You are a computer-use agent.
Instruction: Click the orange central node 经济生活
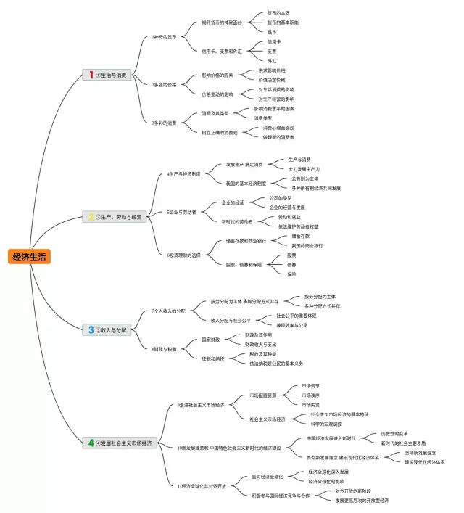pyautogui.click(x=30, y=256)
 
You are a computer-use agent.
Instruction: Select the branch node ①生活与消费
pyautogui.click(x=112, y=75)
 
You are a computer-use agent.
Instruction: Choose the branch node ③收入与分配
pyautogui.click(x=112, y=329)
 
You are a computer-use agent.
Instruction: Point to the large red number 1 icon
pyautogui.click(x=91, y=75)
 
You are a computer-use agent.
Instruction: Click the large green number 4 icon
pyautogui.click(x=91, y=443)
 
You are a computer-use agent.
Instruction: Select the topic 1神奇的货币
pyautogui.click(x=164, y=36)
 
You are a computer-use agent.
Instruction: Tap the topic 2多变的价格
pyautogui.click(x=164, y=85)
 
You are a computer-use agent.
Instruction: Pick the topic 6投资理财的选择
pyautogui.click(x=184, y=255)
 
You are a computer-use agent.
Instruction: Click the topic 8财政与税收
pyautogui.click(x=164, y=349)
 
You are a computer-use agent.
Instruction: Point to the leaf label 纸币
pyautogui.click(x=272, y=33)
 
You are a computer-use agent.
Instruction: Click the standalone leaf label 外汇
pyautogui.click(x=272, y=61)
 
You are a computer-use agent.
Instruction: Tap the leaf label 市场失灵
pyautogui.click(x=310, y=404)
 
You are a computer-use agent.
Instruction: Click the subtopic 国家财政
pyautogui.click(x=210, y=340)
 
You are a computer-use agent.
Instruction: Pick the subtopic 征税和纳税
pyautogui.click(x=213, y=358)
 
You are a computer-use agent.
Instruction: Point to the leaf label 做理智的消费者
pyautogui.click(x=278, y=137)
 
